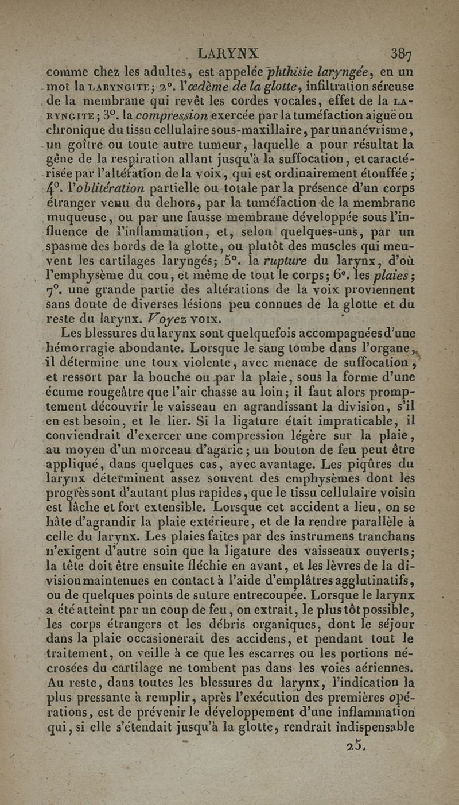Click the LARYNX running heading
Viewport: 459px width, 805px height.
coord(228,53)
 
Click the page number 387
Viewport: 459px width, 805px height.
coord(405,54)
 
